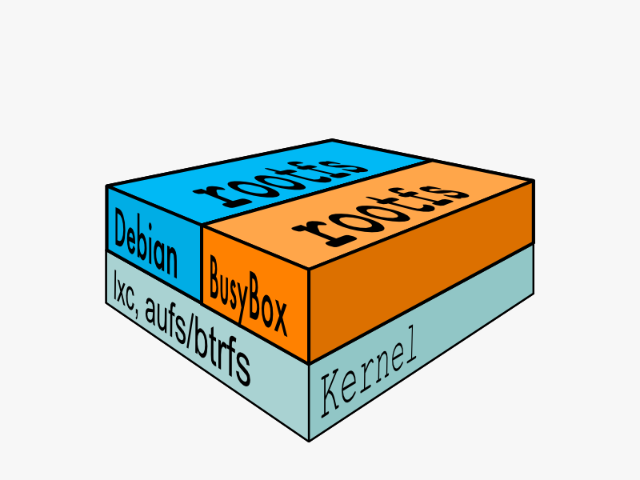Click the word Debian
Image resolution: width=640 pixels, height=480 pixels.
[146, 243]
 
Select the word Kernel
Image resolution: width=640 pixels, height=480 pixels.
[369, 371]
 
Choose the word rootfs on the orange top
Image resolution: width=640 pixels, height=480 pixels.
[381, 214]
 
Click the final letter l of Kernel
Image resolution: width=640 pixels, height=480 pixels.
[412, 346]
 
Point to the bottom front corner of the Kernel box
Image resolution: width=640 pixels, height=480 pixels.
[309, 442]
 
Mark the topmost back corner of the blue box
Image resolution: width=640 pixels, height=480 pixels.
[332, 140]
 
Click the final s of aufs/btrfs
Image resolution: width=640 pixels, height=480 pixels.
[245, 370]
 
